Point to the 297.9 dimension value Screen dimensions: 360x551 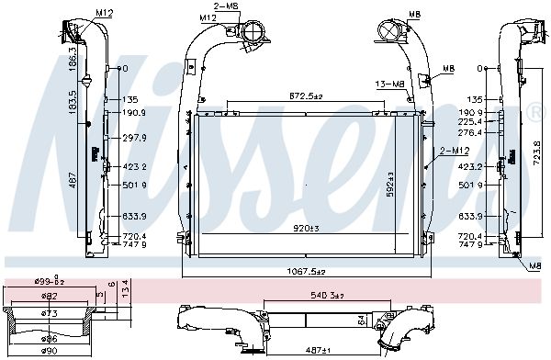point(134,138)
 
